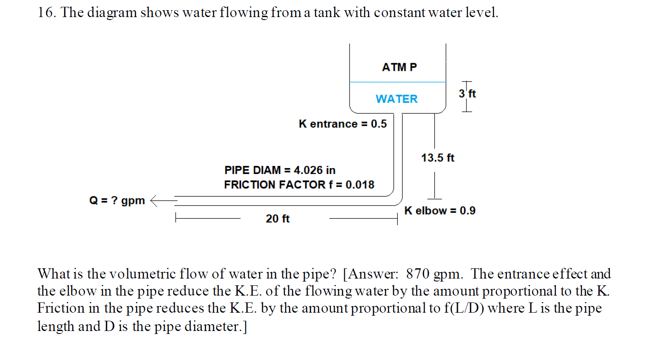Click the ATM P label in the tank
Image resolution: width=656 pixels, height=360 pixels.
pos(399,67)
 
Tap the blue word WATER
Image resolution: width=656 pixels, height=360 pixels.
pos(397,99)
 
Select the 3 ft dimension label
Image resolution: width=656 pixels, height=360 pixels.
pos(467,93)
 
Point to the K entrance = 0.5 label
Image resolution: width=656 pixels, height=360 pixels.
pos(342,124)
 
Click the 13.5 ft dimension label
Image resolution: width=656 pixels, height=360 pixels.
pos(437,158)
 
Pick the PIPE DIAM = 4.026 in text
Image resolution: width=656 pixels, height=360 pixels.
pos(280,170)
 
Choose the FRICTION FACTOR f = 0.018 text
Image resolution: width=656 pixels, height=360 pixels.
pos(299,185)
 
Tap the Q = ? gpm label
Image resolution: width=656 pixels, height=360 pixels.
pos(117,200)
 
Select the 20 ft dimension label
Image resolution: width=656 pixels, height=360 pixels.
pos(277,219)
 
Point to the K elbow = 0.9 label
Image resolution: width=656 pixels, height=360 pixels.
pos(440,211)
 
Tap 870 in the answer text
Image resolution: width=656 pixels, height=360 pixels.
pos(417,274)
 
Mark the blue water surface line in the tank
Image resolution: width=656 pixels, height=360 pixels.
pos(397,82)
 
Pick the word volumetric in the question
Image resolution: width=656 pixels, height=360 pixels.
pos(142,274)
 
